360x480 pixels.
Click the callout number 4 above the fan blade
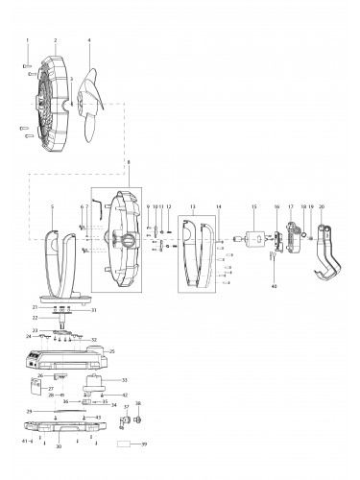point(89,40)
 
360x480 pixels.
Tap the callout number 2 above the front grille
point(56,40)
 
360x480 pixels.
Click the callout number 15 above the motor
point(254,207)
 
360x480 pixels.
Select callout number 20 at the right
point(322,207)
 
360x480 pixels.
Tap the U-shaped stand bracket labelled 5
point(58,259)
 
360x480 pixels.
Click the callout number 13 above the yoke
point(193,207)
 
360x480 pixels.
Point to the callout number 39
point(144,444)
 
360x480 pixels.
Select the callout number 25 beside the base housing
point(139,352)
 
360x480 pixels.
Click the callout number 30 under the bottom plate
point(60,447)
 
